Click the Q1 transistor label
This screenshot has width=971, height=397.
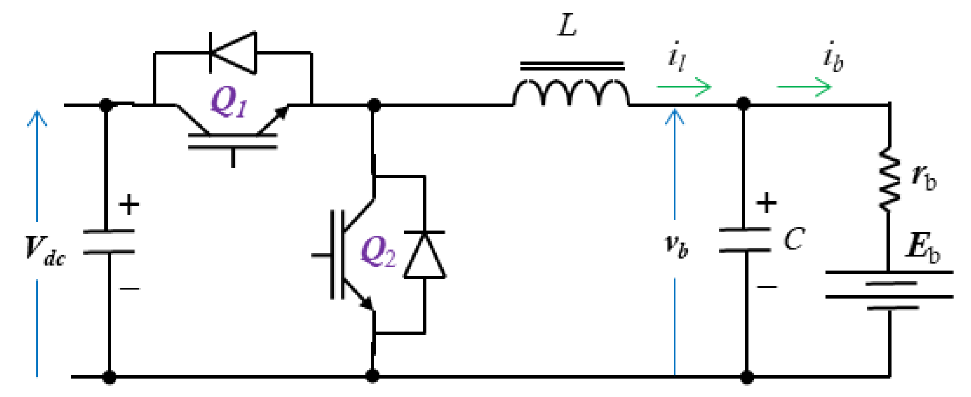[x=229, y=102]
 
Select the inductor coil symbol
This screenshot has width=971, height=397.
[x=571, y=92]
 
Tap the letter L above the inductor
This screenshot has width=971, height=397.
[x=567, y=26]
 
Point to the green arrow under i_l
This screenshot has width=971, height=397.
[x=684, y=87]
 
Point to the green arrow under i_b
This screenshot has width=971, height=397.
[x=804, y=87]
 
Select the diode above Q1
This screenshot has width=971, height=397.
[x=233, y=52]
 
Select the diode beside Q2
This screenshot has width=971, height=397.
[x=425, y=255]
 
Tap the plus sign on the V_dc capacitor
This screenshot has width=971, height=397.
[x=129, y=205]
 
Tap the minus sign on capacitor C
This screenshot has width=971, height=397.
[x=767, y=287]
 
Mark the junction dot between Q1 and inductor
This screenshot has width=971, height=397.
[x=374, y=105]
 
